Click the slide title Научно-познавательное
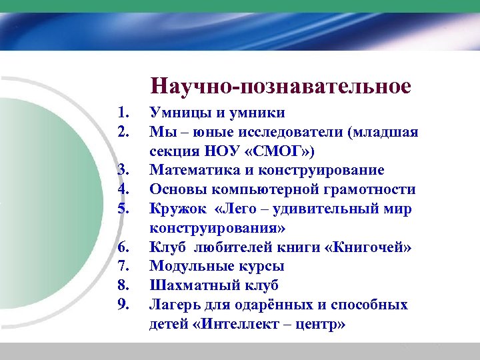[281, 86]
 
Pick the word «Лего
[239, 209]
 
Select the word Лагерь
[174, 305]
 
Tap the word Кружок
[174, 209]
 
